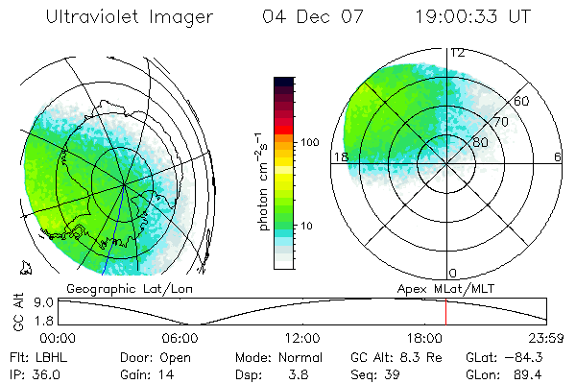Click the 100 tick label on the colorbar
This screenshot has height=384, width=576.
click(x=309, y=142)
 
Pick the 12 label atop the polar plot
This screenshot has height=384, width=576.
click(x=458, y=53)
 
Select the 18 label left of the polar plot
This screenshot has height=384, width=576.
click(x=339, y=157)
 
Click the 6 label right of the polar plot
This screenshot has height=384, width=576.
click(x=558, y=157)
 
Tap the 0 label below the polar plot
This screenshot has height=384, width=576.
click(x=453, y=273)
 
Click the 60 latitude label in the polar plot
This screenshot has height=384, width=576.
click(x=521, y=101)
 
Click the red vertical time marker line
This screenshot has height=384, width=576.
click(x=445, y=312)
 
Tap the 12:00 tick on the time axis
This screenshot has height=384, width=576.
click(x=302, y=338)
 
